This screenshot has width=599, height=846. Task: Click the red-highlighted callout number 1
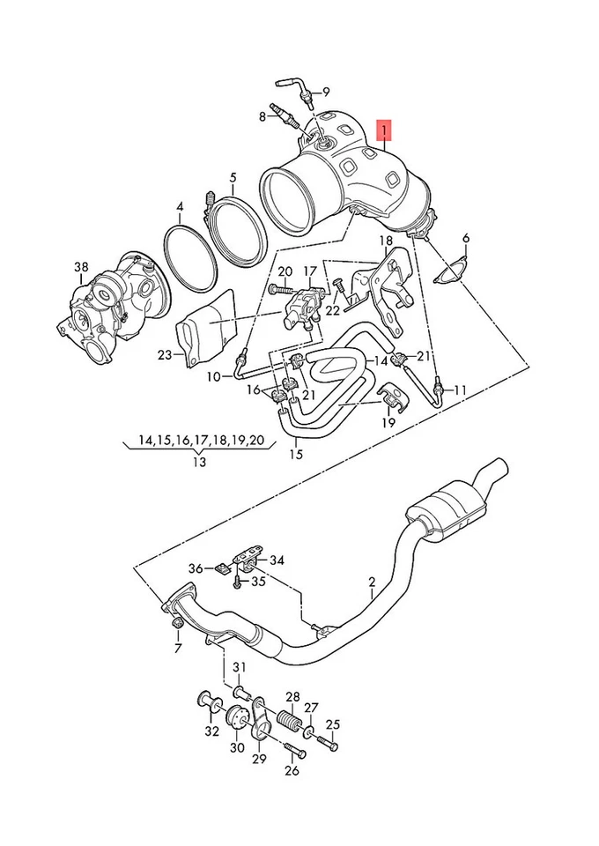tap(385, 131)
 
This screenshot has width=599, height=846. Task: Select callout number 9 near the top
tap(324, 92)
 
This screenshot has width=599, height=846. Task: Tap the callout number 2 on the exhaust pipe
tap(372, 582)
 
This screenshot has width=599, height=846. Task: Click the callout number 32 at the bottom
tap(211, 731)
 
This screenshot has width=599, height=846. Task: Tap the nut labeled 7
tap(175, 625)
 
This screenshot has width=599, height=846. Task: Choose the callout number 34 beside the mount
tap(277, 560)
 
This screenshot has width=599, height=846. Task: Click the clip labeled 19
tap(390, 403)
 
